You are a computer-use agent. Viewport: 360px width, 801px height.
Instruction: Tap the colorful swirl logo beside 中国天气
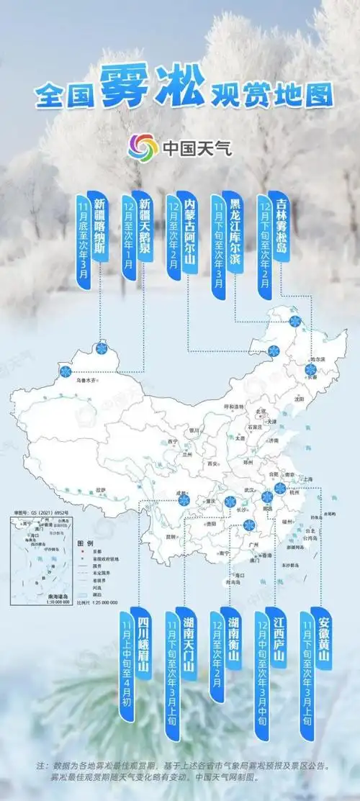coord(143,148)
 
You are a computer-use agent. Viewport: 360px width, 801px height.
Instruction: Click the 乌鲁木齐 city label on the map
coord(84,379)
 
